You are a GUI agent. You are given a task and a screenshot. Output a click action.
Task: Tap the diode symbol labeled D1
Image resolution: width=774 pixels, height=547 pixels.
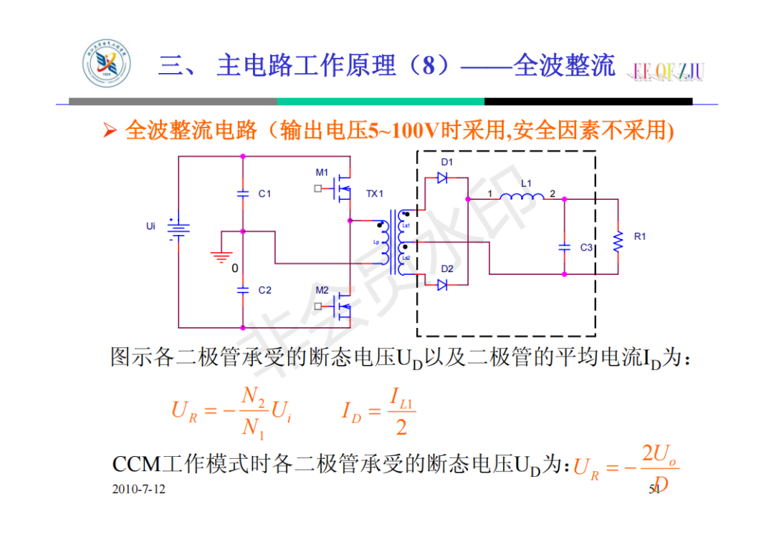(442, 178)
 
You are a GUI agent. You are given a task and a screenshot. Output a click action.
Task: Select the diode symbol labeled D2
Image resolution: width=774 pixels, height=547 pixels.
(442, 284)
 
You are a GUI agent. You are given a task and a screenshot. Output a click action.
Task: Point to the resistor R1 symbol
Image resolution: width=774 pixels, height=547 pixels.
(617, 243)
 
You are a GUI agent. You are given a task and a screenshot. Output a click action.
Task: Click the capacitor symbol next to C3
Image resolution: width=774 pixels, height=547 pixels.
(564, 247)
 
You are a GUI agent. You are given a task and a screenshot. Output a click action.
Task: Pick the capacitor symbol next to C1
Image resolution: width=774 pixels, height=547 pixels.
(243, 193)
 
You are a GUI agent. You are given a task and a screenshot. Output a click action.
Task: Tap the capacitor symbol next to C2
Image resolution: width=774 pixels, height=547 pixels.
(243, 290)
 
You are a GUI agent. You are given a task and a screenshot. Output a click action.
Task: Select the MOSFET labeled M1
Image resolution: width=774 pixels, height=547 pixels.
(343, 188)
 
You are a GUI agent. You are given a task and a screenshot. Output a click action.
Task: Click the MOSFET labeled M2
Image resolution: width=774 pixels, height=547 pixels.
(343, 306)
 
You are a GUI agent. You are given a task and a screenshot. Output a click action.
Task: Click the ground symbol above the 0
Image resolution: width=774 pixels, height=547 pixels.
(222, 256)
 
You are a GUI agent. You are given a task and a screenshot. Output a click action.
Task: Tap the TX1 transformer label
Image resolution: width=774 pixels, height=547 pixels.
(375, 194)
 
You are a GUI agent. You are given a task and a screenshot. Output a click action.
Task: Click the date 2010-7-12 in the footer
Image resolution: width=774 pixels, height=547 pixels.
(138, 489)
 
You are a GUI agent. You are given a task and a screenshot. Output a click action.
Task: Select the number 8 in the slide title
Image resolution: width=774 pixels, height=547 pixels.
(429, 67)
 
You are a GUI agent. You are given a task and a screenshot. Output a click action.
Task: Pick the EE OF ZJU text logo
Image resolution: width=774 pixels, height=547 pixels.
(668, 71)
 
